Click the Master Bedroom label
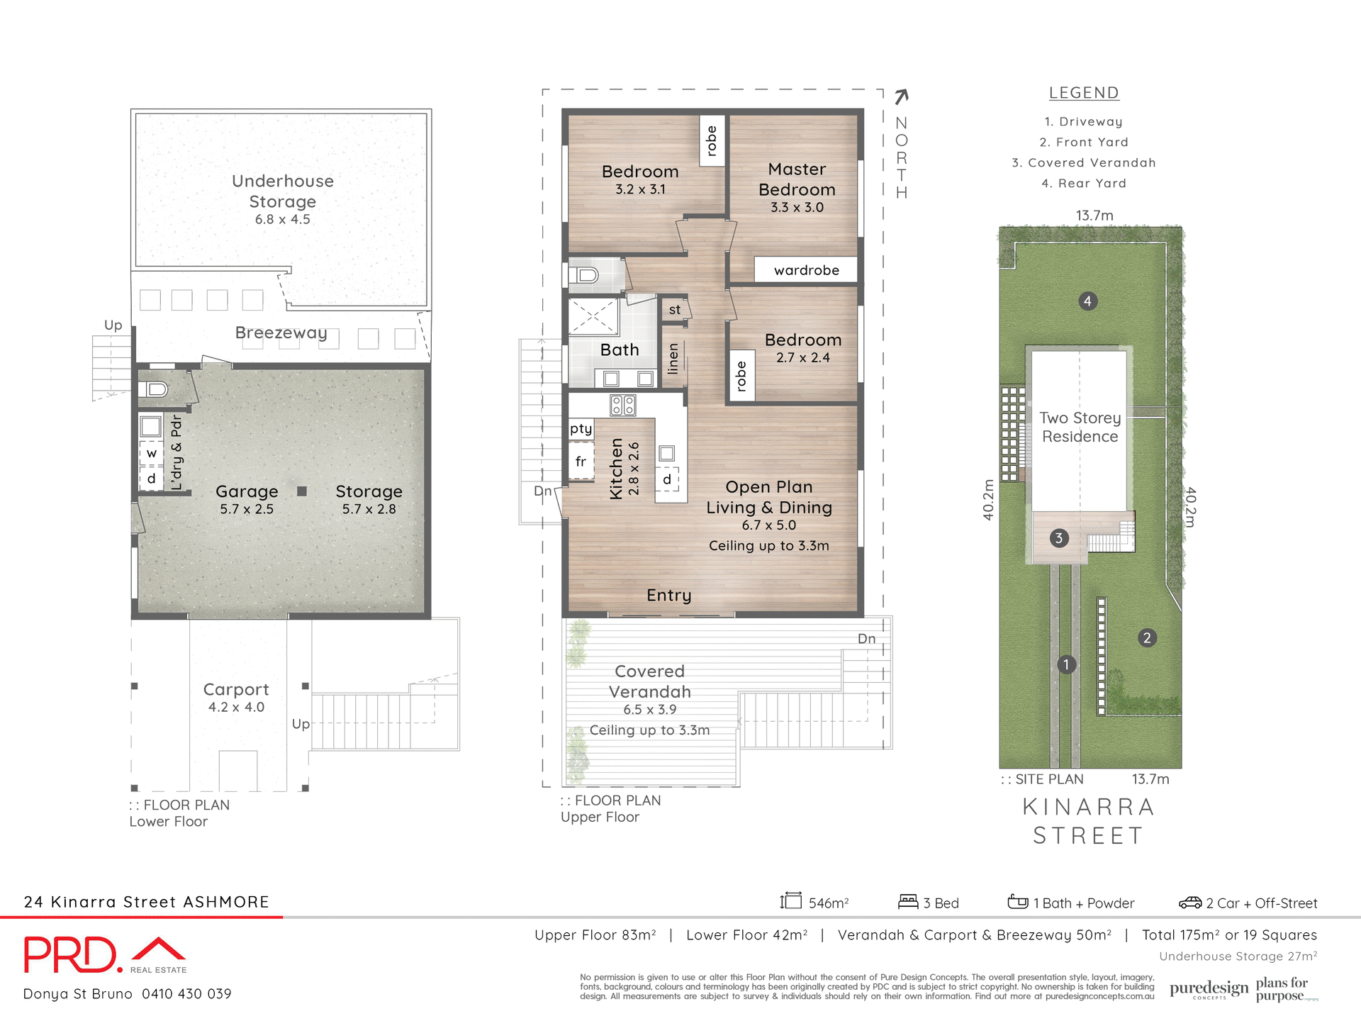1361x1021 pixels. coord(797,179)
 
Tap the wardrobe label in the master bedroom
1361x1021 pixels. coord(806,270)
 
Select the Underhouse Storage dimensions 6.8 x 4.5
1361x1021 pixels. coord(282,220)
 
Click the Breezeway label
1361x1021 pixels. coord(281,333)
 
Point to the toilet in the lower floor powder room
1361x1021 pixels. coord(155,389)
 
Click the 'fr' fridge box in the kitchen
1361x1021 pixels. coord(581,462)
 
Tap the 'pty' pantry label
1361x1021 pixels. coord(581,428)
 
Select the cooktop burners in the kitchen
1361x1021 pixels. coord(622,406)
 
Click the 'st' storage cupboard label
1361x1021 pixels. coord(674,310)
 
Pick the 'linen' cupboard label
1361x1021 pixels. coord(673,358)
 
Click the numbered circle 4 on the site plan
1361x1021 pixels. coord(1087,301)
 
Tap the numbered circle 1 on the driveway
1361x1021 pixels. coord(1066,664)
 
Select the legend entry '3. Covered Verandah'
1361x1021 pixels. coord(1083,163)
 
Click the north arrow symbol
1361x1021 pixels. coord(901,96)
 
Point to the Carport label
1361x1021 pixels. coord(236,689)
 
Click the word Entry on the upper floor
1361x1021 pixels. coord(668,595)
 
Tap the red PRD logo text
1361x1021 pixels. coord(69,954)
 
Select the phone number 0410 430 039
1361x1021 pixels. coord(186,994)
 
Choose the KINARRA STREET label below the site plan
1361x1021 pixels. coord(1088,821)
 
